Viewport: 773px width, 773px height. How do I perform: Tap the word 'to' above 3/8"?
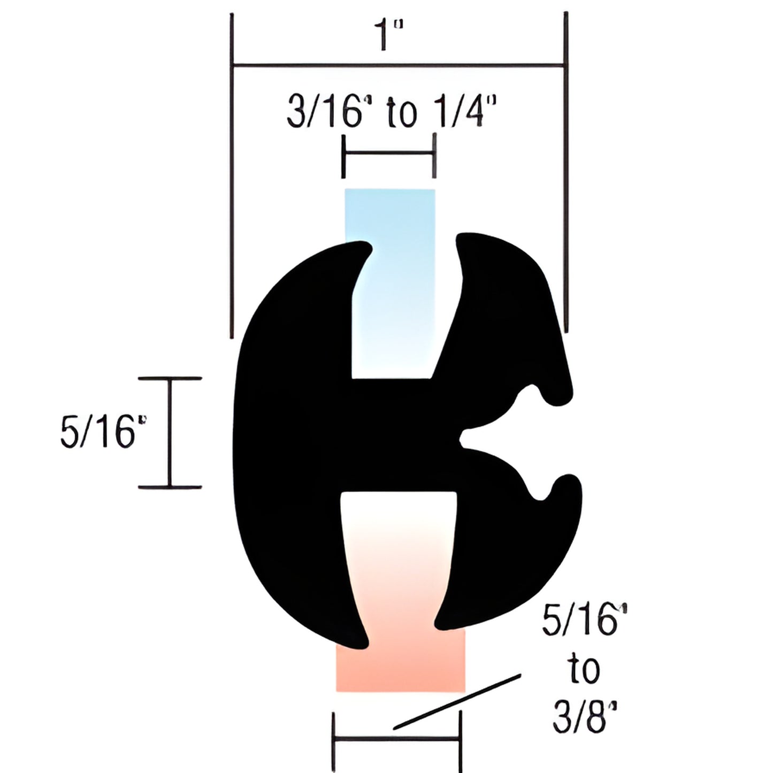click(x=584, y=669)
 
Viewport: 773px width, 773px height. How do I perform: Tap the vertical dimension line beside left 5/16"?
click(x=171, y=432)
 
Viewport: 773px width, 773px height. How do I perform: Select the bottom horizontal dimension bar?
click(x=396, y=739)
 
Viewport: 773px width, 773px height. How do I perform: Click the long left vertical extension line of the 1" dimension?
click(x=232, y=177)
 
